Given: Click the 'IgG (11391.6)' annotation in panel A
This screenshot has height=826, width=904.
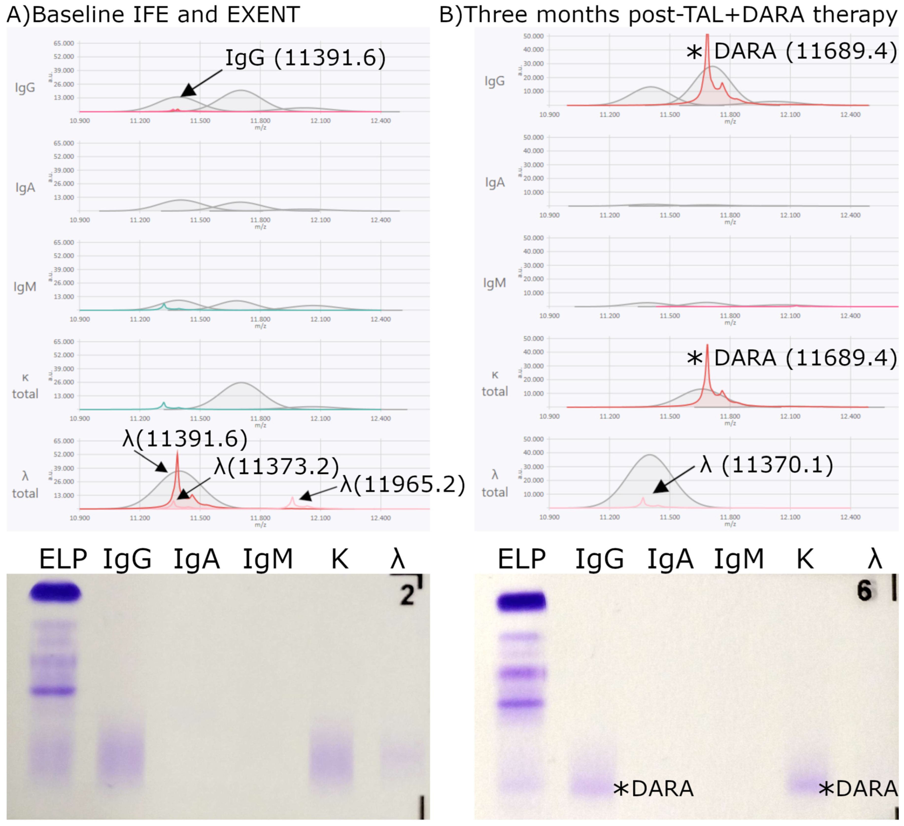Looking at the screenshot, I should click(305, 58).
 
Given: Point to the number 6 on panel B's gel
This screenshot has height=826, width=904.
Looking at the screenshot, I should click(864, 591).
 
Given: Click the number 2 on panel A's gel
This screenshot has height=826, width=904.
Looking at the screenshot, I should click(407, 596).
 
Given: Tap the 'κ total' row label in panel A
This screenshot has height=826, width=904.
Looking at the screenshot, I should click(25, 386).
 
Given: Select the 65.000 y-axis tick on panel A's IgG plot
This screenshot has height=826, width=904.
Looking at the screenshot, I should click(64, 44).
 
